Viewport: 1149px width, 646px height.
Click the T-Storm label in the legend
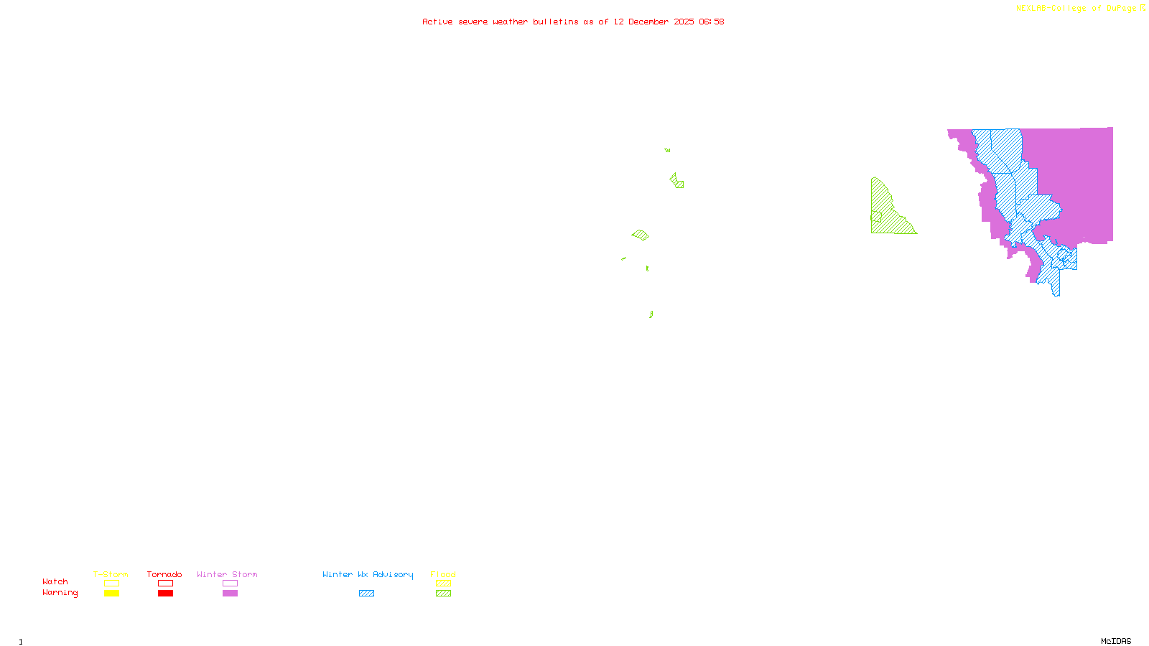tap(111, 574)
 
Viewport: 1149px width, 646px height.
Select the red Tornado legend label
tap(164, 574)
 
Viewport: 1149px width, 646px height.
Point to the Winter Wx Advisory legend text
tap(368, 574)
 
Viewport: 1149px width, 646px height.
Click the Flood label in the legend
tap(443, 574)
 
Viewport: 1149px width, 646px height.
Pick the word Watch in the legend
tap(55, 581)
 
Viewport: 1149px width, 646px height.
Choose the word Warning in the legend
tap(60, 593)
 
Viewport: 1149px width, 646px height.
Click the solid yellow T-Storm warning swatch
tap(111, 594)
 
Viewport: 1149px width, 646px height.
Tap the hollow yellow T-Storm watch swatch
tap(111, 584)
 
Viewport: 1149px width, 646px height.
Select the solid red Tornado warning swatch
tap(166, 594)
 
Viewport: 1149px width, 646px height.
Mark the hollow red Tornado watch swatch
tap(166, 584)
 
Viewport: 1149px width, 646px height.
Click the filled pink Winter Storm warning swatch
tap(230, 594)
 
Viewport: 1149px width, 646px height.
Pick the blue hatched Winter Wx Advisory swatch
tap(366, 594)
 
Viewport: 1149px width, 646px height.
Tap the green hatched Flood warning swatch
tap(444, 594)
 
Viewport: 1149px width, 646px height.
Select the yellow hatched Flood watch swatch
tap(444, 584)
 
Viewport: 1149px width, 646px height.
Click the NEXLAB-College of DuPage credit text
tap(1076, 9)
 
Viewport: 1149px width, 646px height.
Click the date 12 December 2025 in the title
tap(653, 22)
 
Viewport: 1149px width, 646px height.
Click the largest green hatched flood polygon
tap(888, 212)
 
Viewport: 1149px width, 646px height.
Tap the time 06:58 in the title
tap(712, 22)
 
